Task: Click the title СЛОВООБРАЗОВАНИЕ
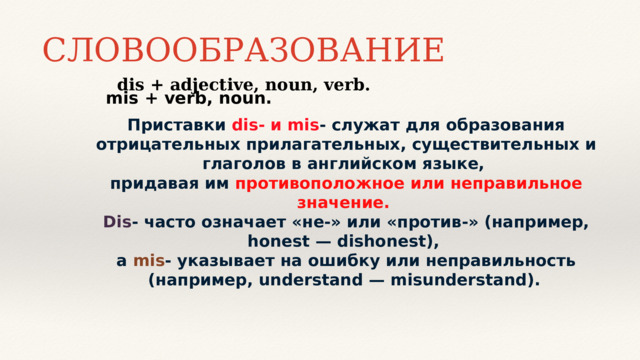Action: coord(243,49)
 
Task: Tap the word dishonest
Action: coord(384,242)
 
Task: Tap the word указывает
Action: coord(229,261)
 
